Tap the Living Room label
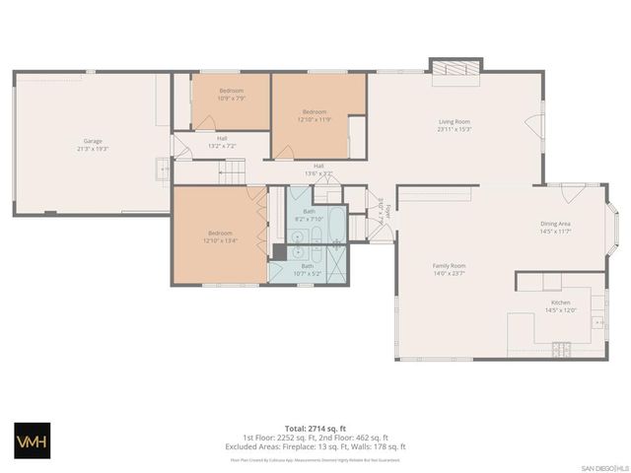click(455, 122)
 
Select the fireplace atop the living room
click(456, 68)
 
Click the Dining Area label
click(556, 224)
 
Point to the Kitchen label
click(560, 303)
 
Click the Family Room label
click(449, 265)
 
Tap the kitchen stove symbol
click(561, 348)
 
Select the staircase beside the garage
click(230, 173)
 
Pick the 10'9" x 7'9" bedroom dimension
click(232, 98)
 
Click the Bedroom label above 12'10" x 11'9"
click(314, 111)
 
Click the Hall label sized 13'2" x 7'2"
click(222, 138)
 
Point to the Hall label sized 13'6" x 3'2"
click(318, 166)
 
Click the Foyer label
click(388, 208)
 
